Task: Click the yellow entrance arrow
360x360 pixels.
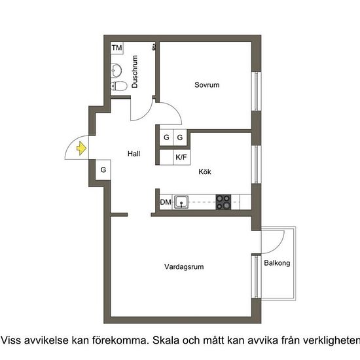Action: click(x=81, y=149)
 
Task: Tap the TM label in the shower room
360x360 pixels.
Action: click(x=117, y=48)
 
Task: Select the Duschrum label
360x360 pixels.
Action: click(x=135, y=72)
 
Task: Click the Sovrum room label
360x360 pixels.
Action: click(x=206, y=85)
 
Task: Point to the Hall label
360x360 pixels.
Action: click(x=134, y=154)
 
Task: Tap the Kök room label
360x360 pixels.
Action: click(x=206, y=172)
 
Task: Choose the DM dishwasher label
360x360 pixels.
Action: click(x=166, y=203)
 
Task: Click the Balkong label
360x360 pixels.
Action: click(x=277, y=263)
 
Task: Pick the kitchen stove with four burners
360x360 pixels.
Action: click(x=224, y=202)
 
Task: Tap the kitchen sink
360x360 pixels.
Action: click(x=182, y=202)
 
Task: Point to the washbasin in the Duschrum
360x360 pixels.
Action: click(x=117, y=69)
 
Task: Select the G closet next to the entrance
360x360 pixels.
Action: click(x=103, y=170)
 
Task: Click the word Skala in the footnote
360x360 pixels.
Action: click(x=170, y=340)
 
